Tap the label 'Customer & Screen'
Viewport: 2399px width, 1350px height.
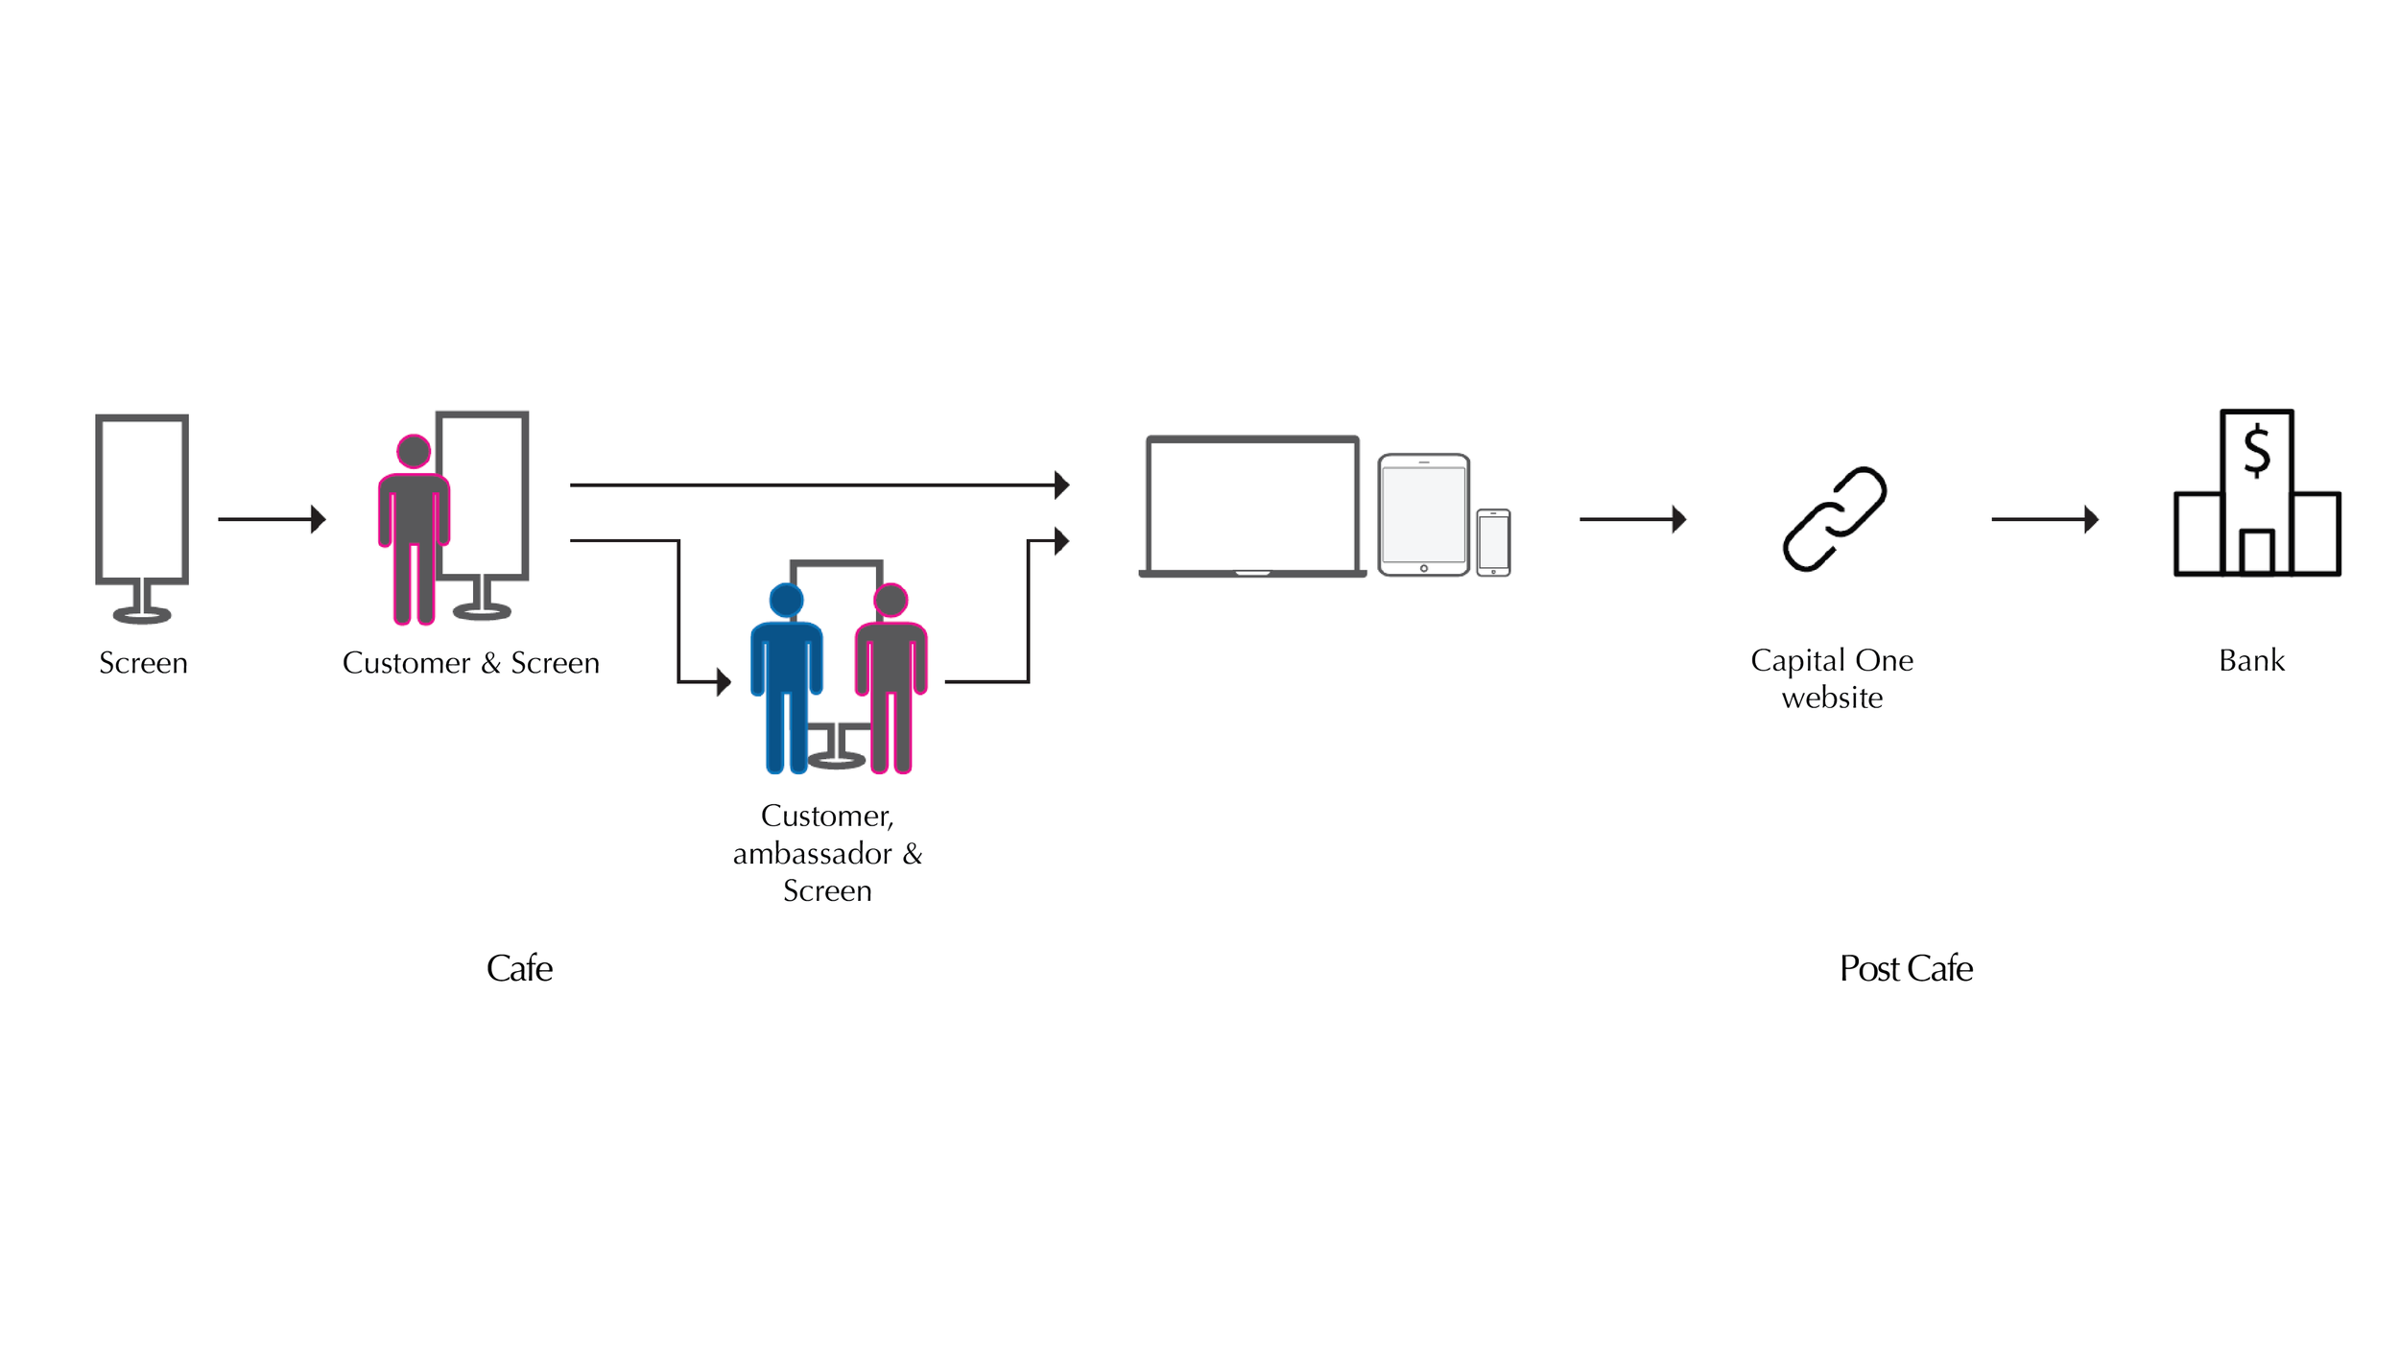point(470,663)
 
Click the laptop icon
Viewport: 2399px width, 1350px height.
point(1252,507)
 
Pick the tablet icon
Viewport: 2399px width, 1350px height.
point(1423,515)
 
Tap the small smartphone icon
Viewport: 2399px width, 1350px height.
point(1493,542)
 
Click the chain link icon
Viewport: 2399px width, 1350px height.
point(1834,519)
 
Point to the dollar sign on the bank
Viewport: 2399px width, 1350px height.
point(2256,451)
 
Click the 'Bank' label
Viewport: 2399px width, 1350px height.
point(2251,660)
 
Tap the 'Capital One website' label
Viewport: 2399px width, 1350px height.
point(1831,678)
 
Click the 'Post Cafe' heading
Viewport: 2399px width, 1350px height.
point(1906,968)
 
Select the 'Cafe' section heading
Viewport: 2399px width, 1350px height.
point(519,968)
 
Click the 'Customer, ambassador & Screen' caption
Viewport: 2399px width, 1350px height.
point(827,853)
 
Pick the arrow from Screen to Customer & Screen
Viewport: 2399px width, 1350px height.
point(272,519)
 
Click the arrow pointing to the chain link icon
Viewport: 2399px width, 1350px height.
point(1632,519)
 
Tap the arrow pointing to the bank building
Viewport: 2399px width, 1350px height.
point(2045,519)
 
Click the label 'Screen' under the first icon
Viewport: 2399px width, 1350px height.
point(143,663)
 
